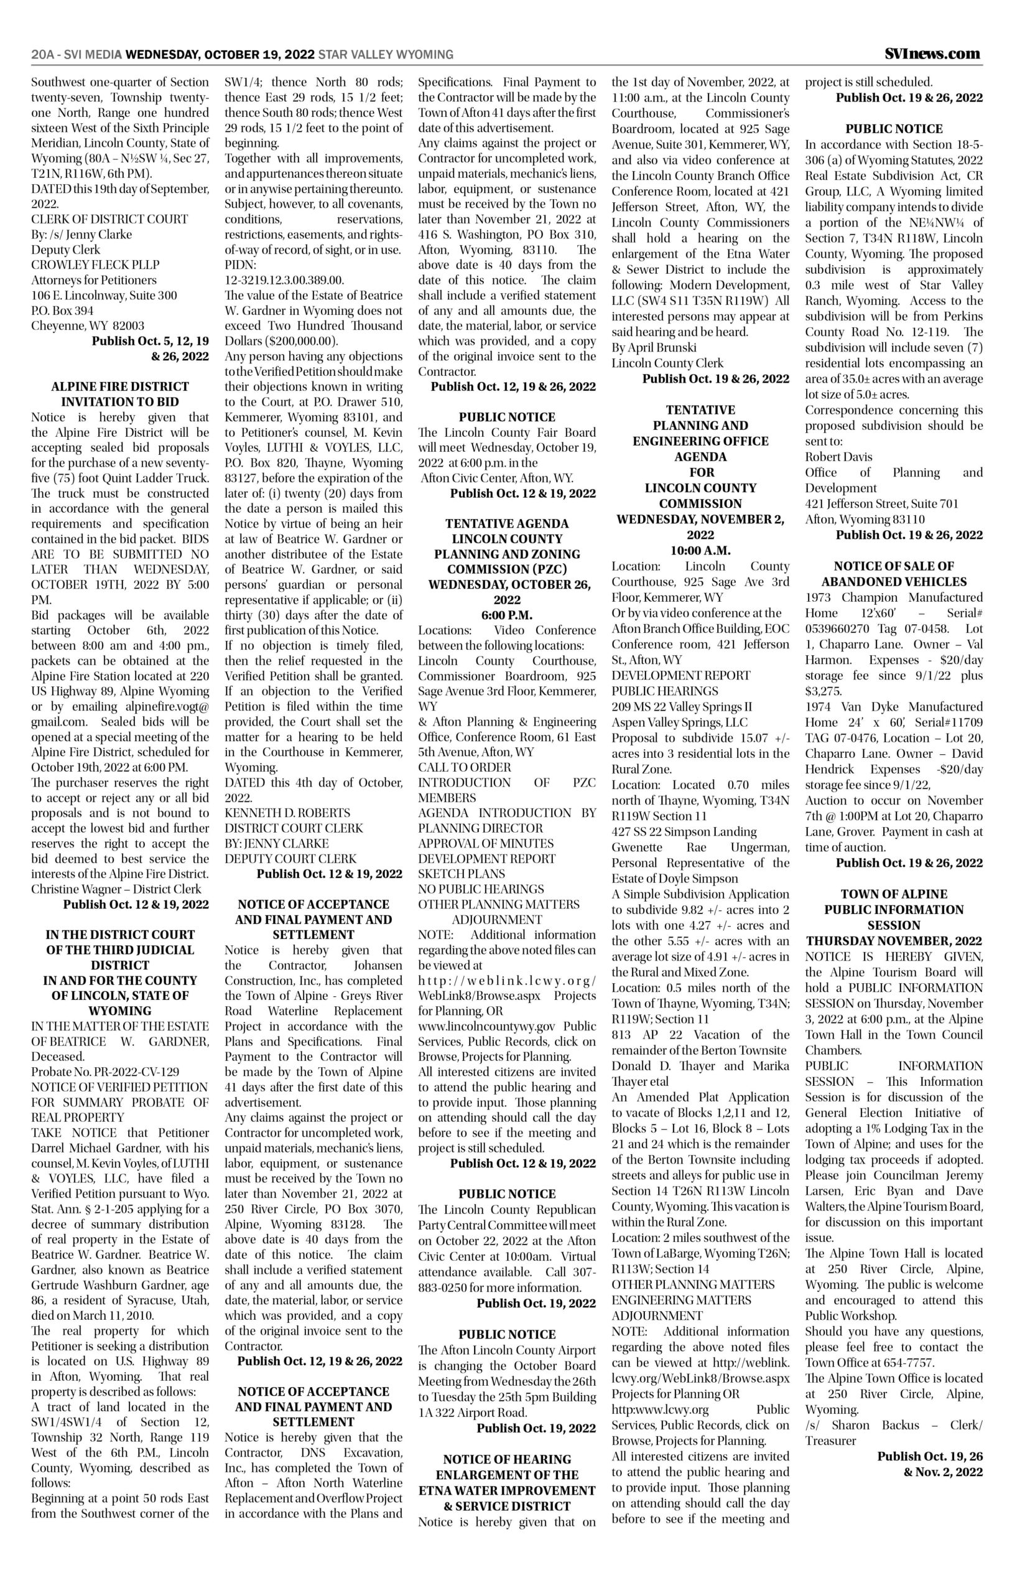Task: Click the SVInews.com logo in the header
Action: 932,54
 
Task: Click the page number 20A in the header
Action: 43,54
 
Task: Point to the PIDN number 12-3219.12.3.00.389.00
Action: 284,280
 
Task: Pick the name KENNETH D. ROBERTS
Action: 287,813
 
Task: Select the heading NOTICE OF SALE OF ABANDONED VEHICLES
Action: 894,574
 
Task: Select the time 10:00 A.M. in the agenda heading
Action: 700,551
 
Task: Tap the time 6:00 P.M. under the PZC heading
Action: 507,615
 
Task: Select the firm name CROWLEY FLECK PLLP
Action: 96,265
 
